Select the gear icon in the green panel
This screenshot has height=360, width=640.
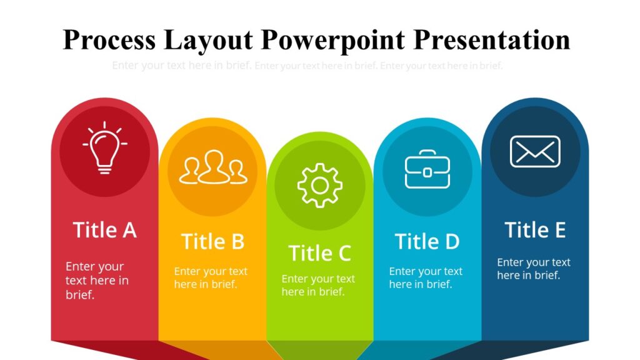click(x=319, y=185)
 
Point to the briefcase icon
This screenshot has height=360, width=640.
click(x=427, y=169)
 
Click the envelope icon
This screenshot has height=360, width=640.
click(x=535, y=151)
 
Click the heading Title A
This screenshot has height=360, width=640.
click(x=104, y=230)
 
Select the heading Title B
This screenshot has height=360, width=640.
click(x=212, y=241)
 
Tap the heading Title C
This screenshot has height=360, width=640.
click(x=319, y=253)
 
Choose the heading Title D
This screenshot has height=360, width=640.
click(x=427, y=241)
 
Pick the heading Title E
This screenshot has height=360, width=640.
click(x=535, y=230)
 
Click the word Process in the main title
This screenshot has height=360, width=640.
click(x=109, y=39)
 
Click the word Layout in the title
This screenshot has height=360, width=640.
click(x=208, y=39)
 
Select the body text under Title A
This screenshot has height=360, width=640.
click(x=97, y=281)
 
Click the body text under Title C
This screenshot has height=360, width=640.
click(x=317, y=285)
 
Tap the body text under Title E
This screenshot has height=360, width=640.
click(x=533, y=268)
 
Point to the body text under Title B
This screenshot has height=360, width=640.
click(x=211, y=277)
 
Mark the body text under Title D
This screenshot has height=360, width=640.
click(x=426, y=277)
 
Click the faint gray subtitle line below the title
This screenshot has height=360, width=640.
click(x=307, y=66)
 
